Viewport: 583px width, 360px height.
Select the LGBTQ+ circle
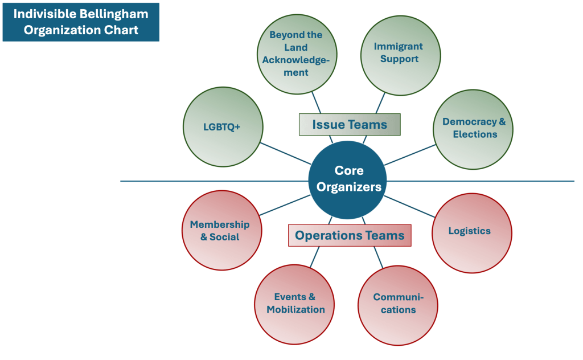[x=223, y=126]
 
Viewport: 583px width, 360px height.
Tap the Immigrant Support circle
[x=400, y=55]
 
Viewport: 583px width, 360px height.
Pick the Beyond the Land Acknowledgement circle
[x=297, y=54]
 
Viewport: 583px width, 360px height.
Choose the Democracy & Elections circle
[x=473, y=129]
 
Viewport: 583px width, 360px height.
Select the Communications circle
[x=398, y=305]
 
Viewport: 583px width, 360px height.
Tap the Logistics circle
[x=471, y=232]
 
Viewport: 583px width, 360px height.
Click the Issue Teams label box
[x=350, y=125]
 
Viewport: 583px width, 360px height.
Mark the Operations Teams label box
[x=350, y=235]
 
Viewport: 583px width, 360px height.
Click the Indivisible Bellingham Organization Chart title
[x=81, y=22]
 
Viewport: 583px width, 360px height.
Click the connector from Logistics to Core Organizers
[x=410, y=206]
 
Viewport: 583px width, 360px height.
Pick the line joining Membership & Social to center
[x=285, y=205]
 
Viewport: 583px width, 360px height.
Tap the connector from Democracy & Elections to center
[x=410, y=154]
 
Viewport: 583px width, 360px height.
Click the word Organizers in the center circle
[x=348, y=186]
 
